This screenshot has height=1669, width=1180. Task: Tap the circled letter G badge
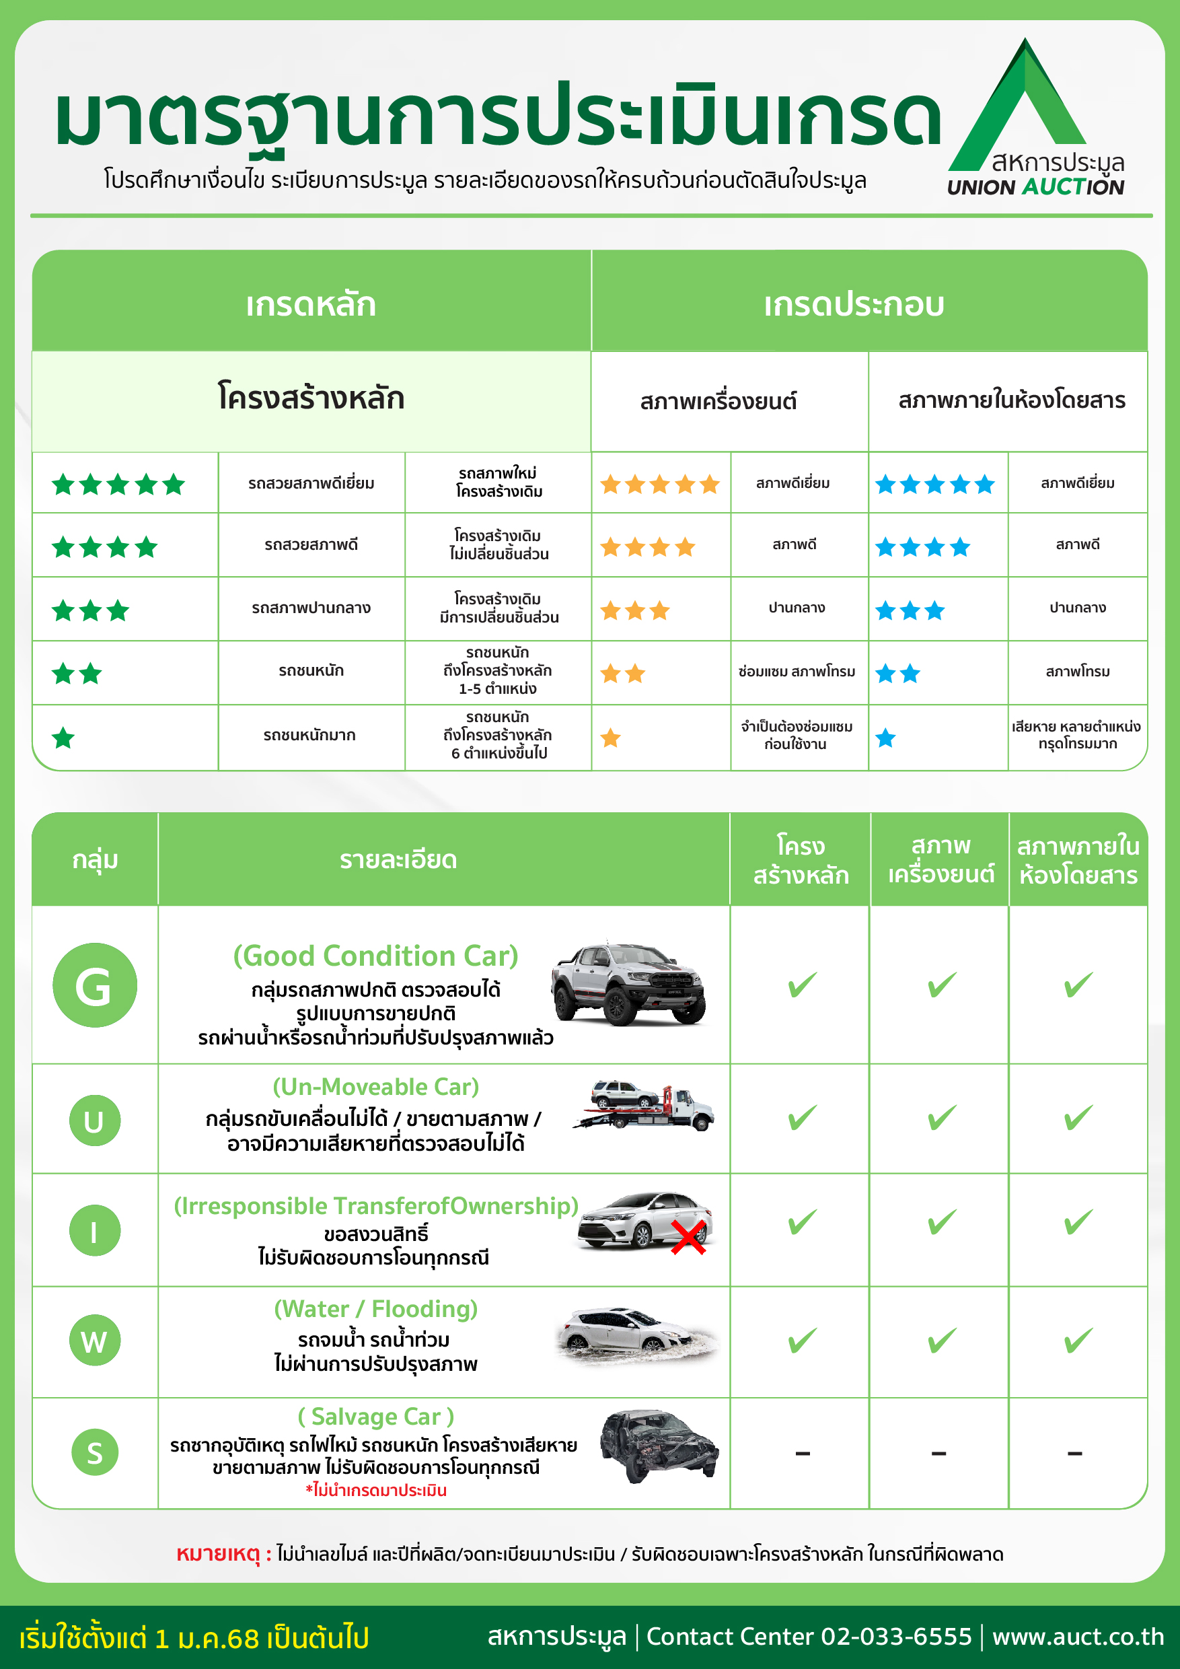pyautogui.click(x=94, y=985)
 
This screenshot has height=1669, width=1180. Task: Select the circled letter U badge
pyautogui.click(x=94, y=1120)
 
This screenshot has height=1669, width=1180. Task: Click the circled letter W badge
pyautogui.click(x=94, y=1341)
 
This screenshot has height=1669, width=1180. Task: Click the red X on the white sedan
pyautogui.click(x=688, y=1237)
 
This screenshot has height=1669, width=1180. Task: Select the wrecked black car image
pyautogui.click(x=659, y=1445)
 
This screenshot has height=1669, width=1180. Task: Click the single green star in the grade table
pyautogui.click(x=63, y=738)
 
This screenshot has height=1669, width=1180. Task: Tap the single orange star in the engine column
pyautogui.click(x=610, y=738)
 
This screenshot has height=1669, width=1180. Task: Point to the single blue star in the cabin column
pyautogui.click(x=885, y=738)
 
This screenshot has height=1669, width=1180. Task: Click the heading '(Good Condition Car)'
pyautogui.click(x=375, y=955)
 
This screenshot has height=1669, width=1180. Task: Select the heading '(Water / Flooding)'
pyautogui.click(x=375, y=1308)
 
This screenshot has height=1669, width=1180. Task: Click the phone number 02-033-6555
pyautogui.click(x=896, y=1636)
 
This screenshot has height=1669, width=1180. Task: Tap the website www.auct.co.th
pyautogui.click(x=1078, y=1636)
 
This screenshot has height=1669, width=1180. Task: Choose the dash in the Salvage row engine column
pyautogui.click(x=938, y=1454)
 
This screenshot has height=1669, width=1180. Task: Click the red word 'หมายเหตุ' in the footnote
pyautogui.click(x=218, y=1553)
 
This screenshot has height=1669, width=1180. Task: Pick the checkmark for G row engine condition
pyautogui.click(x=941, y=985)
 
